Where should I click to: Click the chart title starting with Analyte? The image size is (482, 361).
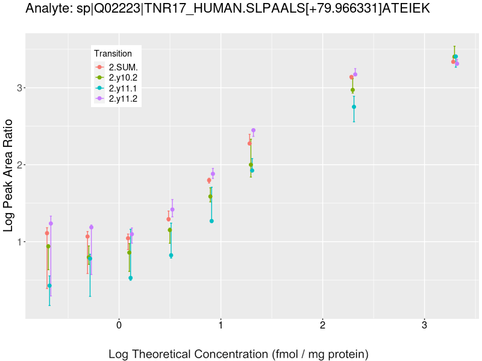(228, 9)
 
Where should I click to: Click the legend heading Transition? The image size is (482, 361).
(113, 54)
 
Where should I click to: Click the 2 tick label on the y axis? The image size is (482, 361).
(19, 165)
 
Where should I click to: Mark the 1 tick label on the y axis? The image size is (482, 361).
(19, 242)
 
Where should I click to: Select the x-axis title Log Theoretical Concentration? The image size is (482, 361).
(238, 354)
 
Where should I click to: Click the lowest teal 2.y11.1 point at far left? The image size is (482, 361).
(49, 286)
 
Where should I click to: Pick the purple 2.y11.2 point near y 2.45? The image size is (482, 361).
(254, 131)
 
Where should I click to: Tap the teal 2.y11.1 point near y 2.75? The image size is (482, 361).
(354, 107)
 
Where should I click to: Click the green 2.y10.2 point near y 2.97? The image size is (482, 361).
(353, 90)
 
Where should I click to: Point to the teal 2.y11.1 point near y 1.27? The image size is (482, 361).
(212, 221)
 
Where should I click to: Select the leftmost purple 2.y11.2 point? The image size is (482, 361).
(51, 223)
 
